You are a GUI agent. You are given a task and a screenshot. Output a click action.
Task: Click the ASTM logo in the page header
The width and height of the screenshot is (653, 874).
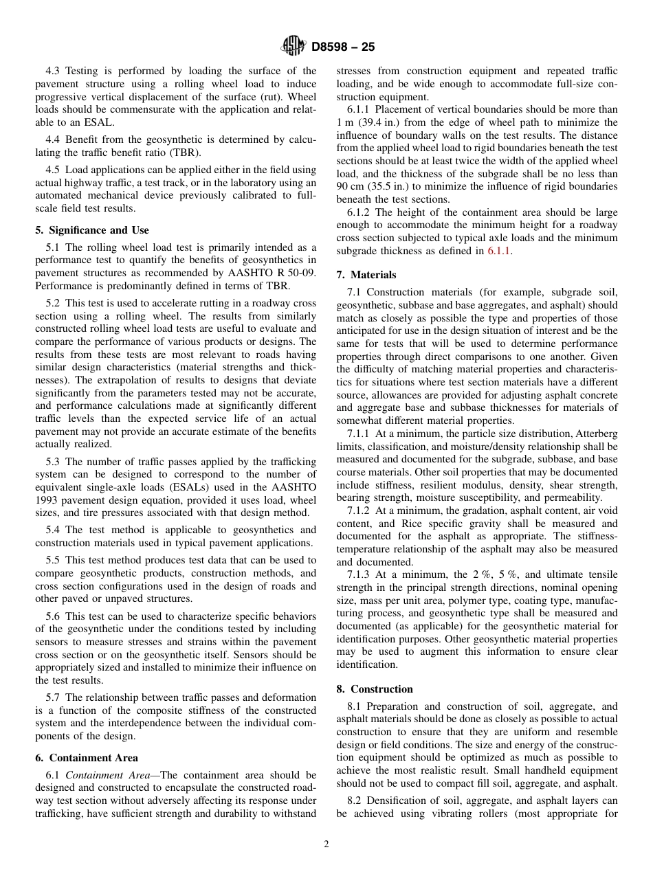294,47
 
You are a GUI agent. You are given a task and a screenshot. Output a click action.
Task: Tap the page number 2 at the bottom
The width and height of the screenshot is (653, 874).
326,845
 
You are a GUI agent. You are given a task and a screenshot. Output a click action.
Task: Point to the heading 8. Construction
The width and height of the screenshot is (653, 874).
375,689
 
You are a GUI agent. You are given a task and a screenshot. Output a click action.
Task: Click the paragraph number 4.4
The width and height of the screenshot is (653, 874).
55,140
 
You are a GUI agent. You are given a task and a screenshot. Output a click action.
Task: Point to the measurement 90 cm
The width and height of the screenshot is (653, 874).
349,187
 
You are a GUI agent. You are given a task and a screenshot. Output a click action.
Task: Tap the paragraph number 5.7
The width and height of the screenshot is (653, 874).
55,697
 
